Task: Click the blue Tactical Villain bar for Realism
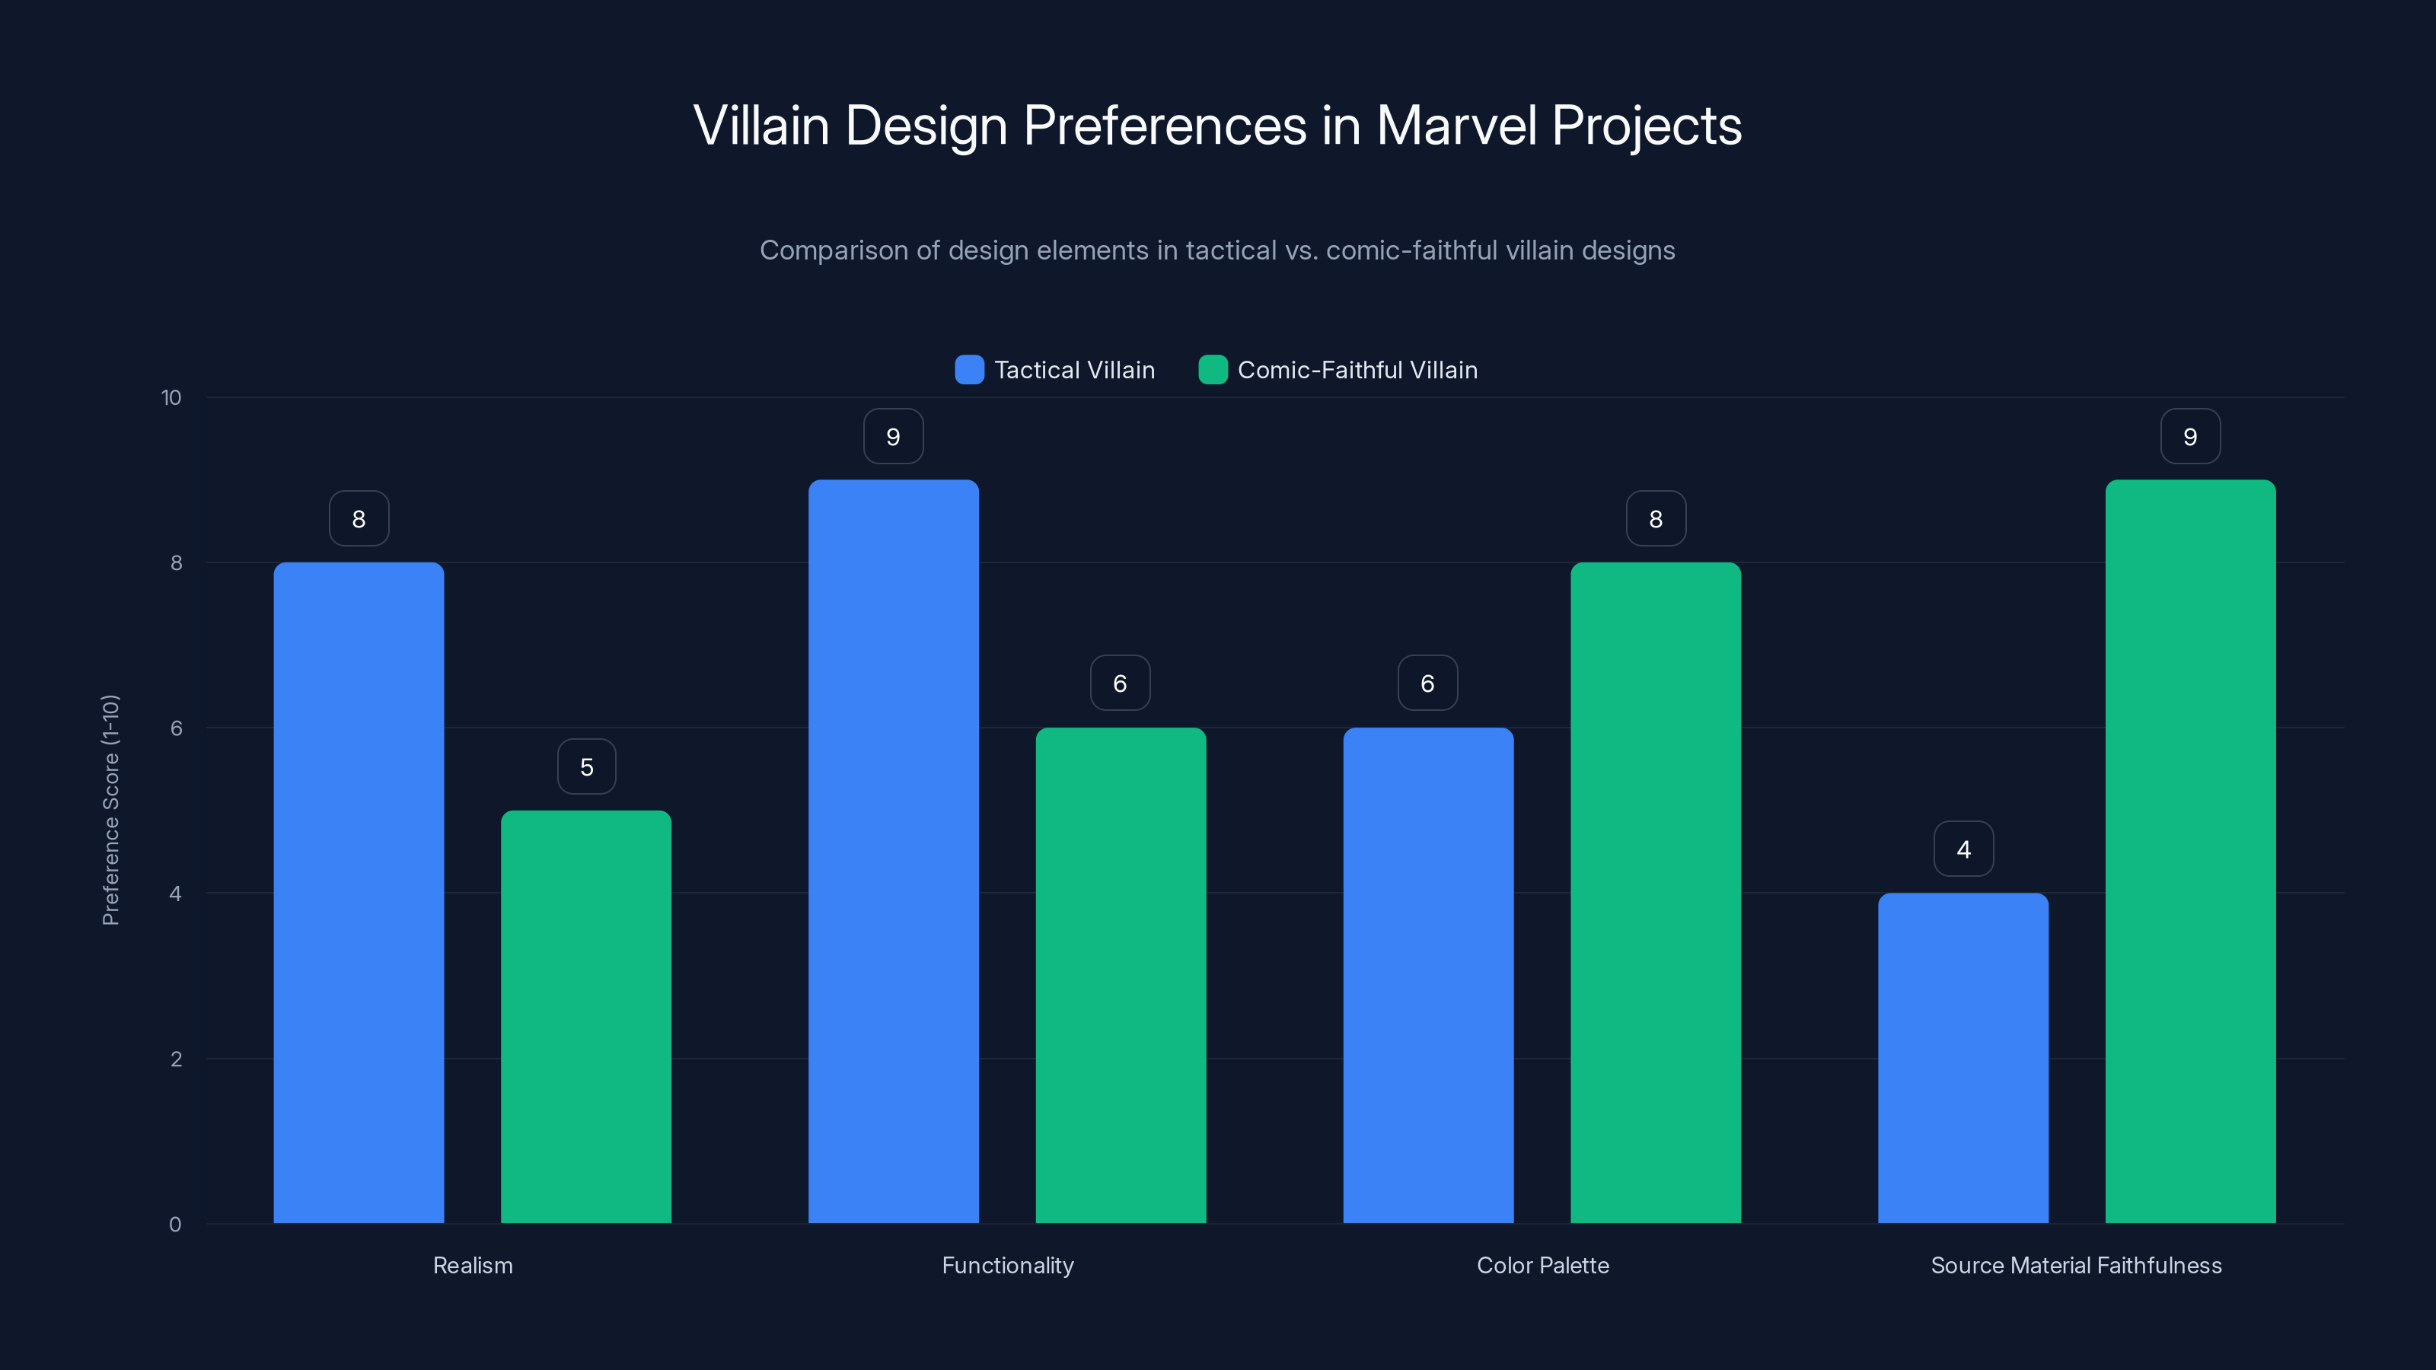click(359, 893)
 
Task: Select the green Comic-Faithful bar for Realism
click(586, 1016)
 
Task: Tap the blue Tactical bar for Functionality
click(893, 851)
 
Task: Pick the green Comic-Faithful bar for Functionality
click(1121, 975)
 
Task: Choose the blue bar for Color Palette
click(1428, 975)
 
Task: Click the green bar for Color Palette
click(1655, 893)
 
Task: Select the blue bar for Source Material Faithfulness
click(1963, 1058)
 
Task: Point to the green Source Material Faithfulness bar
click(2190, 851)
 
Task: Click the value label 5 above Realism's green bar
click(586, 766)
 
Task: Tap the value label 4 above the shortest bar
click(1963, 849)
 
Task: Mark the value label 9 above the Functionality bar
click(893, 437)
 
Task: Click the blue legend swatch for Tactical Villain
click(969, 370)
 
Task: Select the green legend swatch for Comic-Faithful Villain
click(1213, 370)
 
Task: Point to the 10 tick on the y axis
click(171, 397)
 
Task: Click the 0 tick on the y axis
click(175, 1225)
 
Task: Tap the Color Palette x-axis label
click(1542, 1265)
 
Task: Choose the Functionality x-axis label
click(1007, 1265)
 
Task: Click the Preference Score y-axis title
click(110, 811)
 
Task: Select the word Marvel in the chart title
click(1456, 126)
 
